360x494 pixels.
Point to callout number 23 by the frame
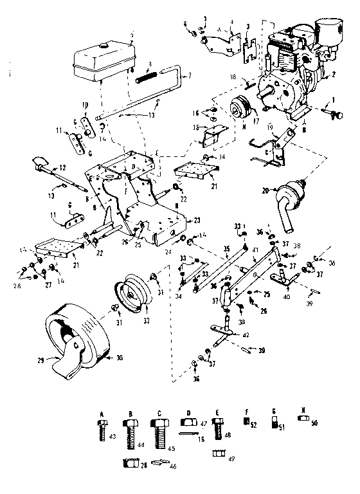click(x=197, y=219)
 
